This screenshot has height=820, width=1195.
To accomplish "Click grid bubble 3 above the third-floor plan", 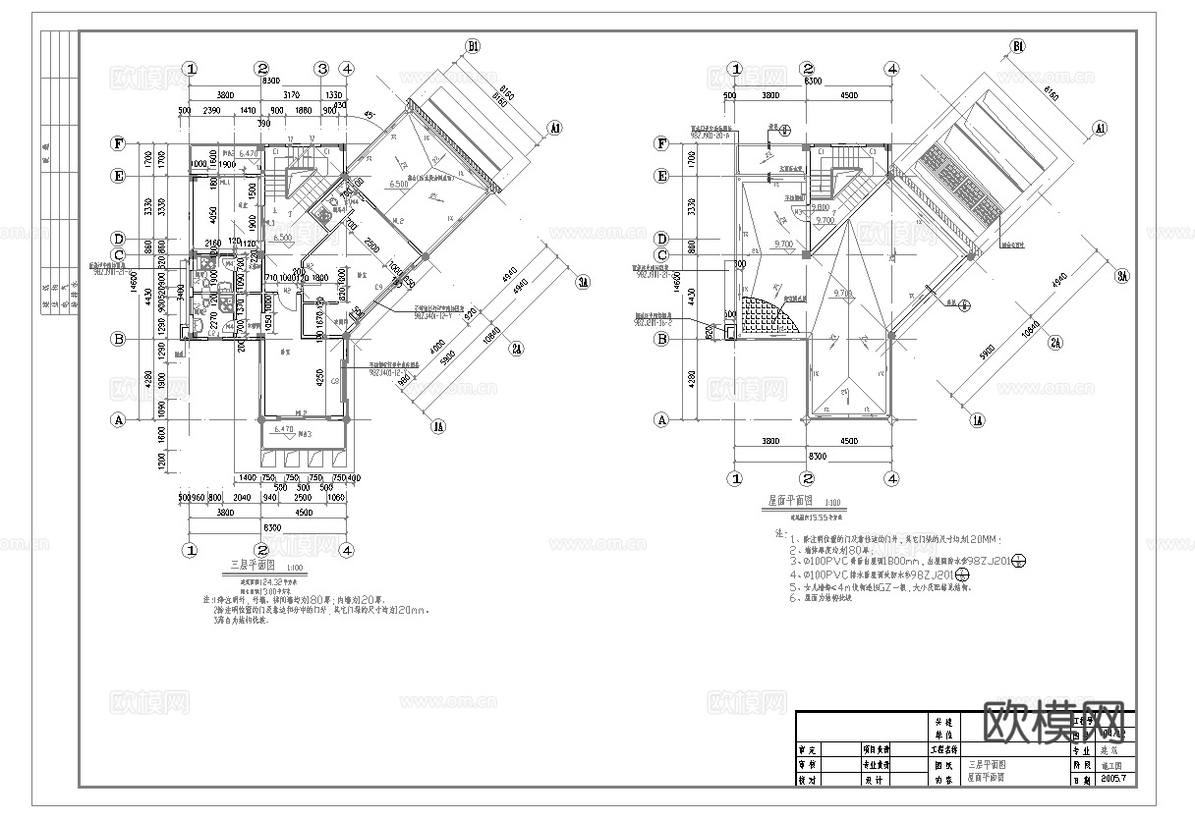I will pos(321,69).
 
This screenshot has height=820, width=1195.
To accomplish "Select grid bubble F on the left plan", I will pos(118,143).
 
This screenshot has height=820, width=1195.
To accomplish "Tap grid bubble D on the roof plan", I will pos(662,239).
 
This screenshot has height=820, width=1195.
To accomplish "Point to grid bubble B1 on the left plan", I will pos(473,46).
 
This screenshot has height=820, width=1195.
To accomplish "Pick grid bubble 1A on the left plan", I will pos(437,426).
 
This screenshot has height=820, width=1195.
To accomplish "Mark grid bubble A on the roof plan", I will pos(662,419).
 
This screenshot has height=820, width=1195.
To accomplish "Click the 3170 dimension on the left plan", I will pos(291,95).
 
